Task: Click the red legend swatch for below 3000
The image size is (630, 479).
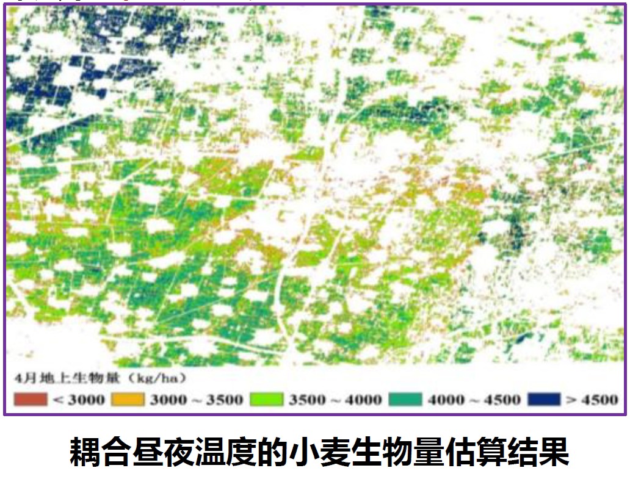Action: (x=30, y=400)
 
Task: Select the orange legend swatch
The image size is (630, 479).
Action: (x=128, y=400)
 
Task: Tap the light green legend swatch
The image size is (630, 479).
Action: (x=267, y=400)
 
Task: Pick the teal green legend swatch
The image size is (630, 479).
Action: (x=406, y=400)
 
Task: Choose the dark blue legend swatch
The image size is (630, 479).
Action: (x=544, y=400)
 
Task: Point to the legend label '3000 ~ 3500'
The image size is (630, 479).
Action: (x=196, y=400)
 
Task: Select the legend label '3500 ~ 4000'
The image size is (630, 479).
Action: (x=335, y=400)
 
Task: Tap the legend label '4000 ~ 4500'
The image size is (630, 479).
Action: (x=474, y=400)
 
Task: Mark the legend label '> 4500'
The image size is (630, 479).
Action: (x=592, y=400)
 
